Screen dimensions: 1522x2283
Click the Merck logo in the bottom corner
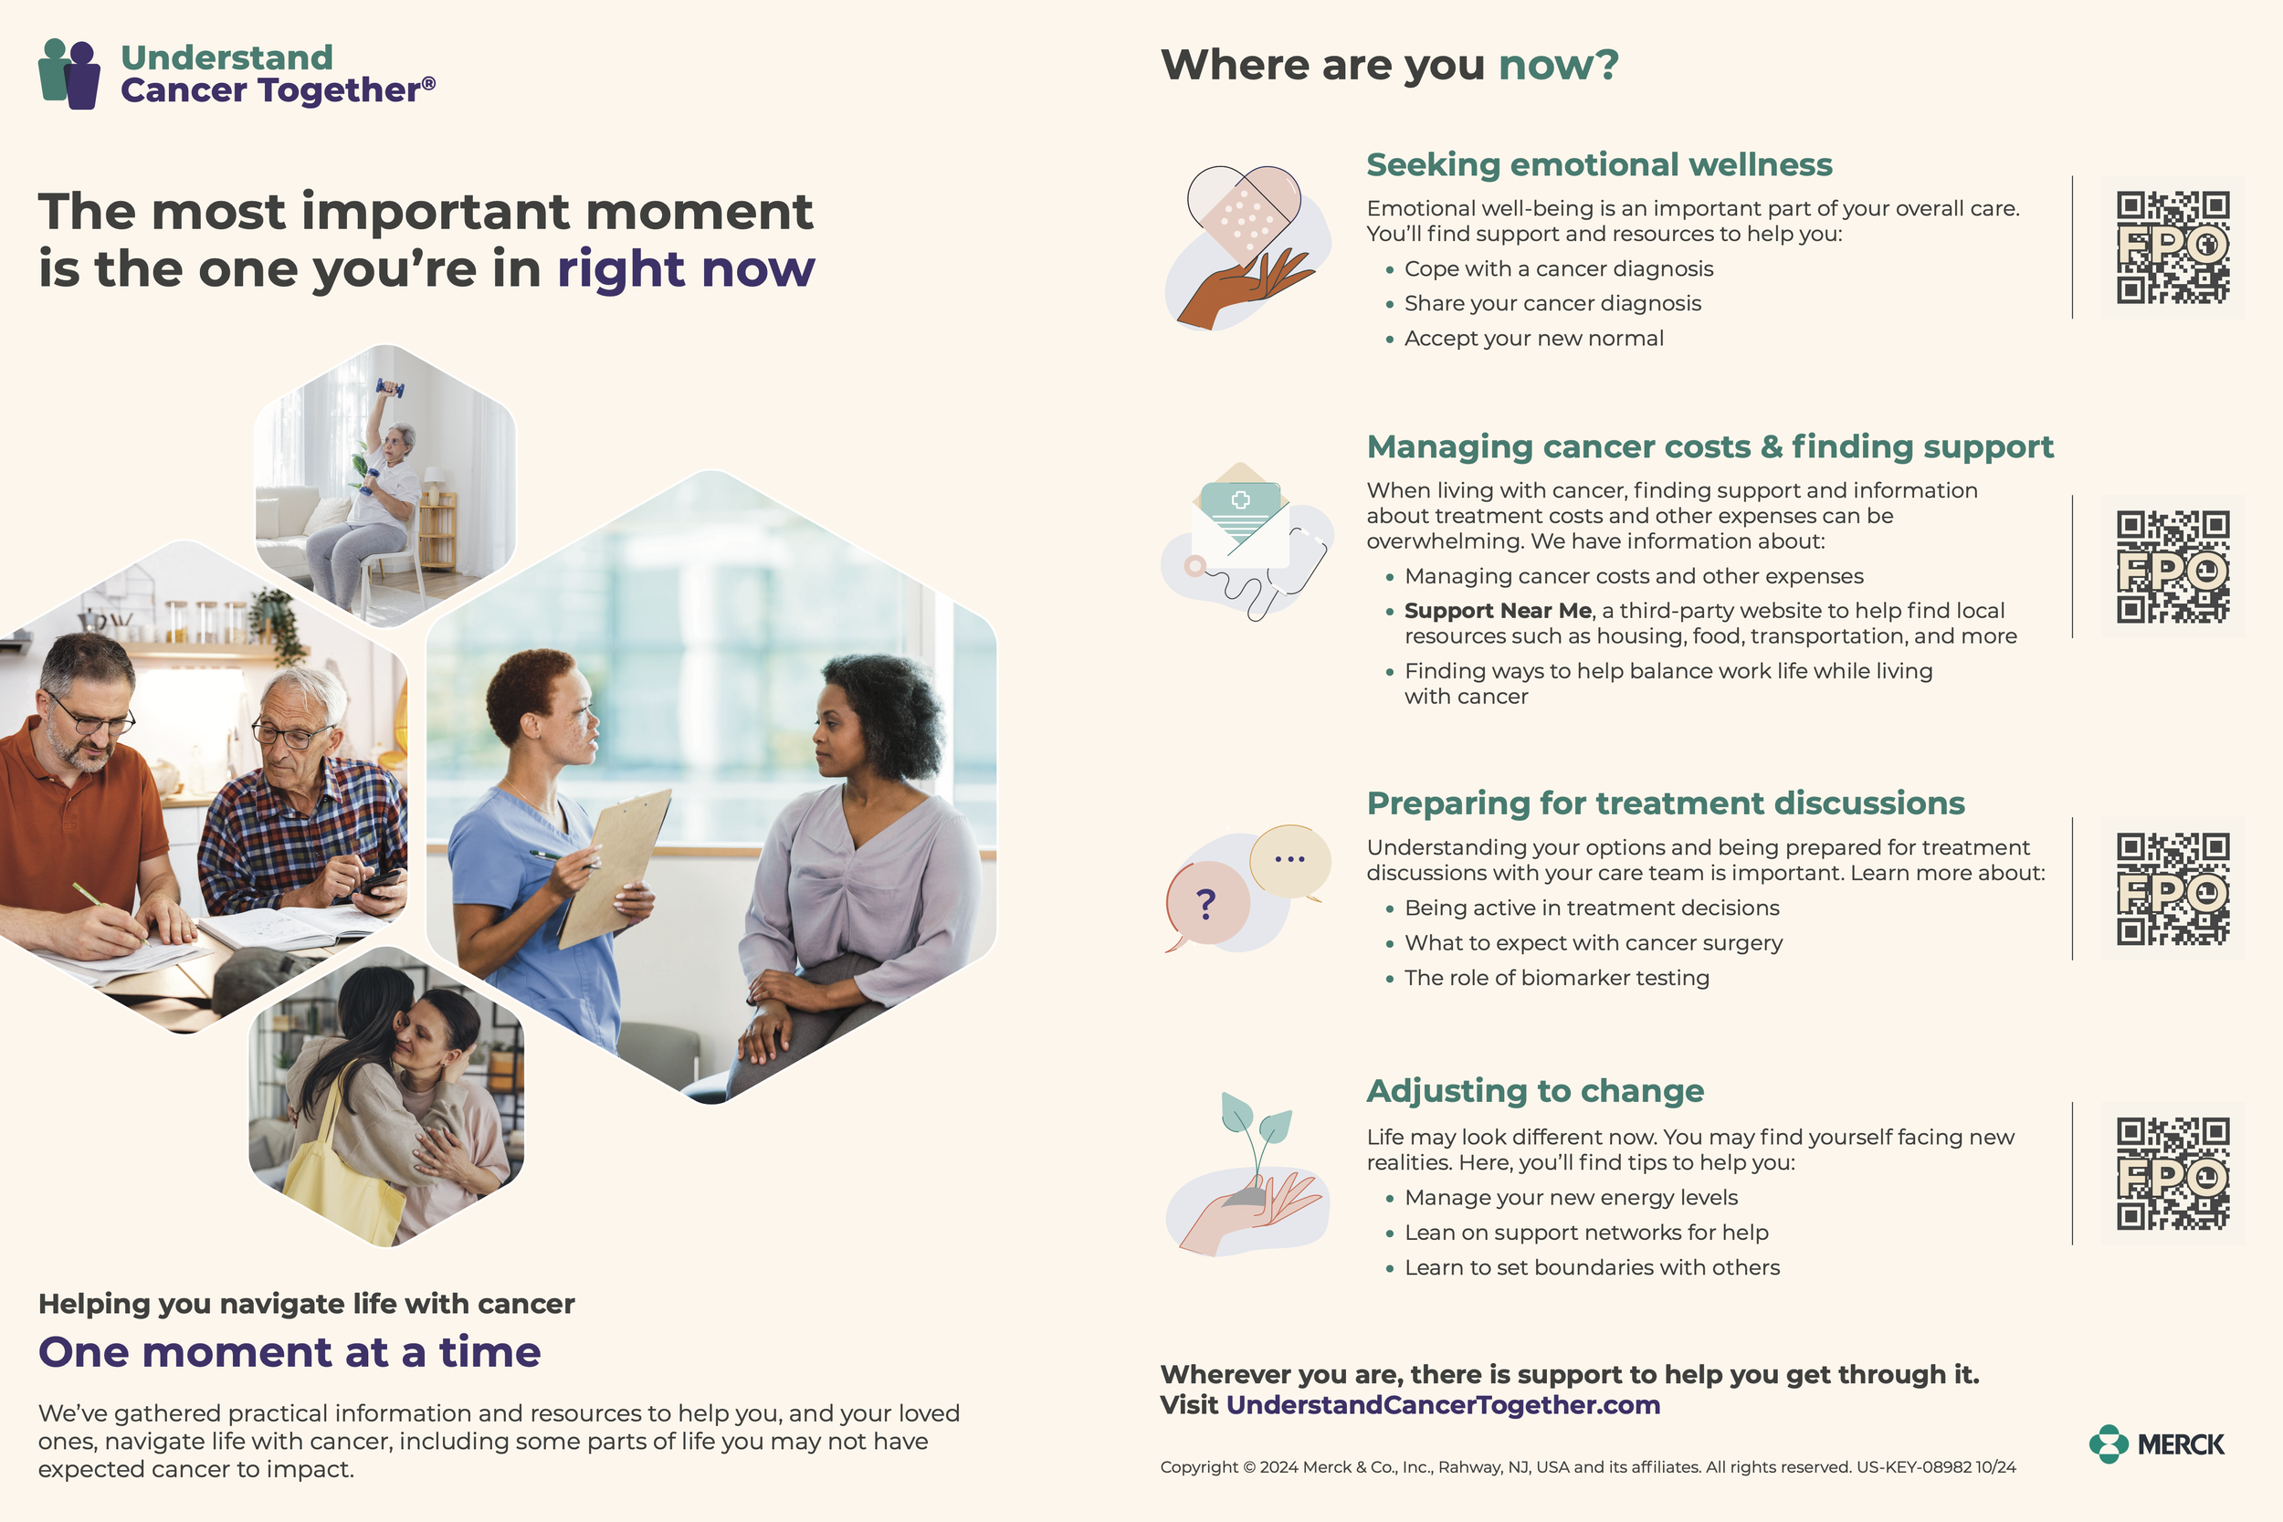[2156, 1443]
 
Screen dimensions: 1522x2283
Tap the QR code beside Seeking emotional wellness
[2173, 247]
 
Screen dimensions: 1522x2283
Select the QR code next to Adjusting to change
[2173, 1172]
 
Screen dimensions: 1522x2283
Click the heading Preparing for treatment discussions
[1665, 803]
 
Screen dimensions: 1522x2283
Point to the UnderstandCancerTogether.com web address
[1443, 1404]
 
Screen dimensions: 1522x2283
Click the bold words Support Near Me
[1497, 611]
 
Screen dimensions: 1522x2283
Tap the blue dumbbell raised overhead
[390, 389]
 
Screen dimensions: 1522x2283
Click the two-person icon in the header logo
[68, 74]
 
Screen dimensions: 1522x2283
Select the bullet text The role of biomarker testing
[1556, 978]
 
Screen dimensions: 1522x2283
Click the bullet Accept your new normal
[1533, 339]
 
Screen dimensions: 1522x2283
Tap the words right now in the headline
[685, 268]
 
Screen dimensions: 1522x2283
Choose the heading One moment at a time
[289, 1352]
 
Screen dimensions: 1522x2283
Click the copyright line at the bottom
[1587, 1466]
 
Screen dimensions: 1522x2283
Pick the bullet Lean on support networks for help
[1586, 1233]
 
